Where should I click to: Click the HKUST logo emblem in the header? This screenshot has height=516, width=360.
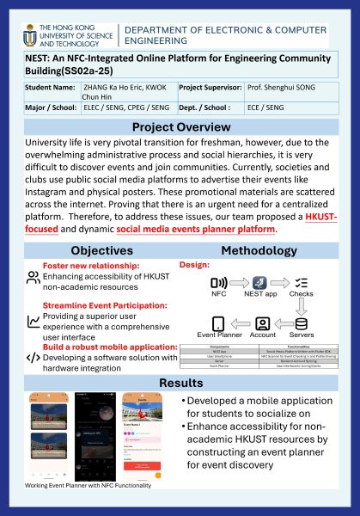click(x=26, y=34)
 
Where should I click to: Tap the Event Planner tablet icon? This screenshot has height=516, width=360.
click(x=218, y=323)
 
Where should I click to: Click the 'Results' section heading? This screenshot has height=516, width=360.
click(x=180, y=382)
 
